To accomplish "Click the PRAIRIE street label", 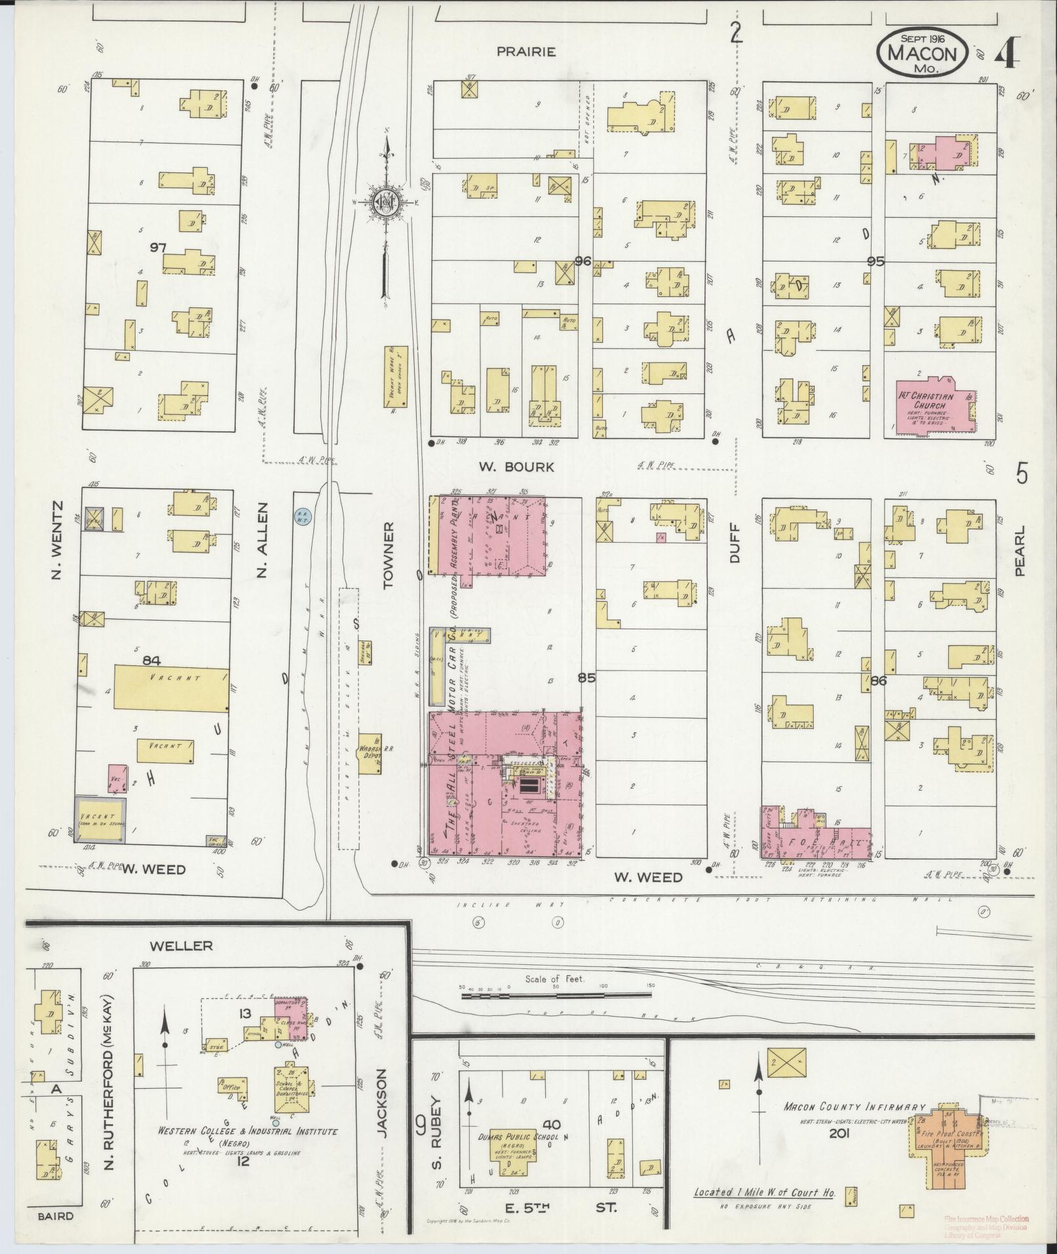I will [x=526, y=51].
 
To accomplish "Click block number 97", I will [x=158, y=247].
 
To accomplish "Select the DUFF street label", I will [x=733, y=543].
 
